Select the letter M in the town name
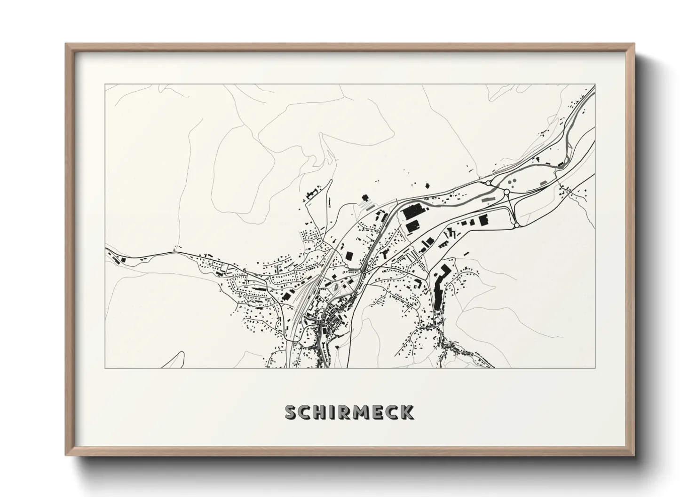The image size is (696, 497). (x=359, y=412)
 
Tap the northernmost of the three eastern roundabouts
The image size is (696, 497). (x=488, y=183)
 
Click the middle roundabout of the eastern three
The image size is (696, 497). (x=506, y=192)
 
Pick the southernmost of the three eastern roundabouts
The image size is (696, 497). (x=516, y=225)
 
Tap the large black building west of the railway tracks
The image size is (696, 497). (x=285, y=295)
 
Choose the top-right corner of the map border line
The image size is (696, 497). (x=595, y=85)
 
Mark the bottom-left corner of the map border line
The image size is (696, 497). (x=105, y=368)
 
